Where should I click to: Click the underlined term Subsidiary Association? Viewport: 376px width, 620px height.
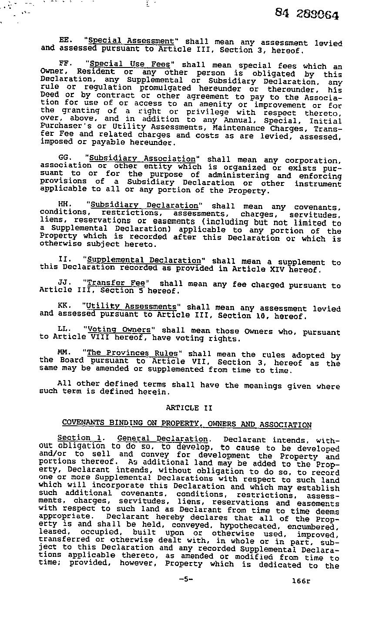click(x=142, y=159)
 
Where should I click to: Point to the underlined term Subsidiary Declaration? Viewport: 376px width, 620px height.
click(x=144, y=205)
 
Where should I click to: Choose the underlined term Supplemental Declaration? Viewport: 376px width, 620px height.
click(x=144, y=260)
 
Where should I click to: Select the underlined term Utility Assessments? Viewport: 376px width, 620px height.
click(x=131, y=307)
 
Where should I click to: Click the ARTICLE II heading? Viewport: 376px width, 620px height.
click(x=189, y=408)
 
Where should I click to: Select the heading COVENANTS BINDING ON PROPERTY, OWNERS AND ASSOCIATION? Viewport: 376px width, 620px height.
click(x=187, y=423)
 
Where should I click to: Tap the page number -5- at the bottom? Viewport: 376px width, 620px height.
click(x=185, y=580)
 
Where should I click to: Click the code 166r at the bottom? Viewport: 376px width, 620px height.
click(x=301, y=580)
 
